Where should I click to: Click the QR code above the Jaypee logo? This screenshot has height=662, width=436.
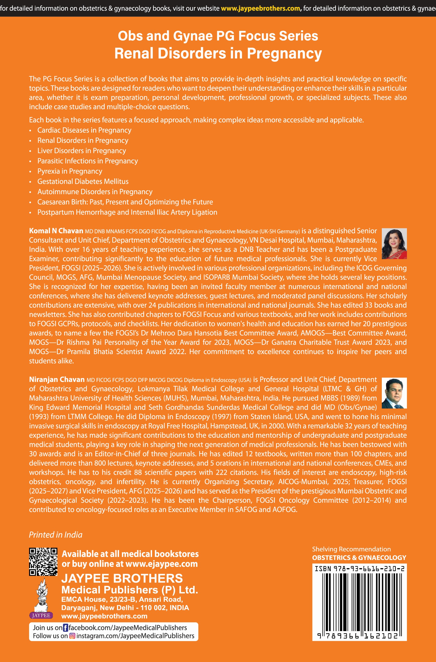(x=43, y=562)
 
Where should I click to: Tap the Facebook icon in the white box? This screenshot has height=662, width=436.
(x=65, y=628)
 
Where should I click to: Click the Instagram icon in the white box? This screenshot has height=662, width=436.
(x=72, y=636)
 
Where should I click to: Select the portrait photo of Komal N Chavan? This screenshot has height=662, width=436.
(x=394, y=244)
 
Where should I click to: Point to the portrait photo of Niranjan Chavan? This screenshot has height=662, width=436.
(x=394, y=393)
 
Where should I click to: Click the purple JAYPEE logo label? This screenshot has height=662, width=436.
(x=41, y=615)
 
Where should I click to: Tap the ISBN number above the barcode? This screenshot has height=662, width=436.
(x=359, y=569)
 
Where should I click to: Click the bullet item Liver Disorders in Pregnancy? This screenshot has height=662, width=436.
(x=82, y=151)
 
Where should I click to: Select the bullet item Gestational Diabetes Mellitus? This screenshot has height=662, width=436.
(x=83, y=182)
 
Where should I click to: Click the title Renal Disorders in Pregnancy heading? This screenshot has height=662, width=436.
(x=218, y=53)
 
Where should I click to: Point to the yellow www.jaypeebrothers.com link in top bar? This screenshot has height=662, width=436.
(x=260, y=8)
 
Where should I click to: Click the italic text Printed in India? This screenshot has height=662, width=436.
(x=56, y=535)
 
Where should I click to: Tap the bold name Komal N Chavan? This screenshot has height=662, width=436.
(x=56, y=231)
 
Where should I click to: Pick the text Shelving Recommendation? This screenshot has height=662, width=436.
(x=351, y=549)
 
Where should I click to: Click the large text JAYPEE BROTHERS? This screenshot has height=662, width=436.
(x=122, y=579)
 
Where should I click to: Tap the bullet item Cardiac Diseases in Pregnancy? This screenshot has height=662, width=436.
(x=84, y=130)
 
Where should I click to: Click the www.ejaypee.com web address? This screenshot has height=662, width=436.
(x=161, y=564)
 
